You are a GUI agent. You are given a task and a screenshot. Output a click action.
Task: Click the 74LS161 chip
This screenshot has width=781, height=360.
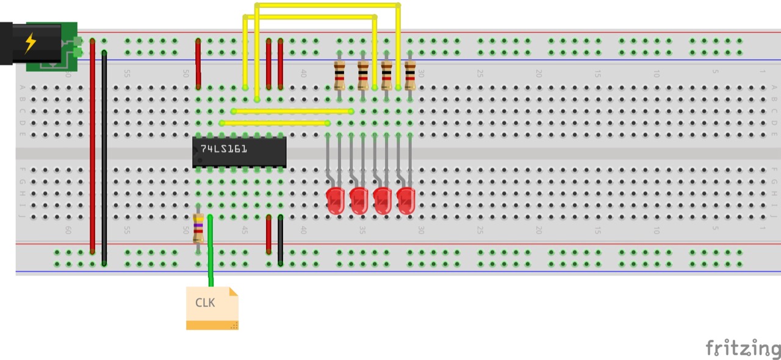click(x=239, y=152)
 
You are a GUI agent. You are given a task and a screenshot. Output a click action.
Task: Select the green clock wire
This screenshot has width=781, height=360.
click(x=211, y=256)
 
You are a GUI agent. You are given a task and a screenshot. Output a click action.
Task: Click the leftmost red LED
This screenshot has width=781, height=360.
click(x=336, y=201)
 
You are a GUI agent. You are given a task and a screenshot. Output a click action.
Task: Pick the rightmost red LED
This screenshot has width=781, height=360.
click(x=406, y=201)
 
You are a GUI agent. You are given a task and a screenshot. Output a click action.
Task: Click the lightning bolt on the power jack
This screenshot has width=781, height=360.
click(x=30, y=43)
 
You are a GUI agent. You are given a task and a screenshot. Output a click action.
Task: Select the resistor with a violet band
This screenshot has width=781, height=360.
click(x=198, y=229)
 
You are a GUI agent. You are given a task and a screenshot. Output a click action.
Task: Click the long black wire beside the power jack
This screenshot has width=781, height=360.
click(x=104, y=159)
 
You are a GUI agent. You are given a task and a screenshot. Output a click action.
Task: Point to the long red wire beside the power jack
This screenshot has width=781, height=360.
click(x=92, y=146)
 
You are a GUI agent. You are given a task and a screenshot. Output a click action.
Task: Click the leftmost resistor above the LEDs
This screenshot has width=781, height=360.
click(x=339, y=75)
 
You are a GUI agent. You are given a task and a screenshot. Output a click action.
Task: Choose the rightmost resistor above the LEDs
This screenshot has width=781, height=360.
click(x=410, y=75)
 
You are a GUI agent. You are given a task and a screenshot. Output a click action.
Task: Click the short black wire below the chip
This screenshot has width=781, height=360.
click(x=281, y=240)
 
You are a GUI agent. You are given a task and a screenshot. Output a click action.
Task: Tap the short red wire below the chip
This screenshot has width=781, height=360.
click(x=268, y=234)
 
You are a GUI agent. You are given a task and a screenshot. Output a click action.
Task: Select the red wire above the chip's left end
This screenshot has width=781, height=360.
click(x=198, y=64)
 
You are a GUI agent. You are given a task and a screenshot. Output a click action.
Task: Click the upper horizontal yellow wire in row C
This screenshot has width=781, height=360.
click(x=292, y=111)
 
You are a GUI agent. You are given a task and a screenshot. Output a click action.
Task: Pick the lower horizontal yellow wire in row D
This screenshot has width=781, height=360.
click(x=275, y=123)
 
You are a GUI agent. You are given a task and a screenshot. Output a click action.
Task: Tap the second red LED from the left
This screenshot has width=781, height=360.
click(x=359, y=201)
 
